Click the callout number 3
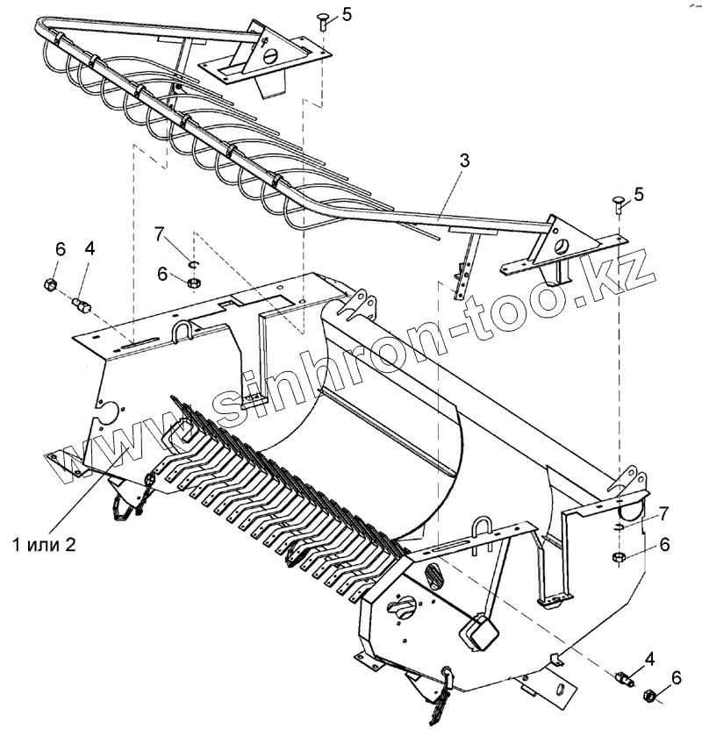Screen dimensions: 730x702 point(464,161)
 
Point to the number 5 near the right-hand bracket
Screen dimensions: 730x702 point(639,194)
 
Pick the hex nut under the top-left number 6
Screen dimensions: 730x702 point(50,283)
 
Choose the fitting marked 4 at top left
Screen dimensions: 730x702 point(80,304)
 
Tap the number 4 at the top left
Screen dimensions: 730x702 point(90,248)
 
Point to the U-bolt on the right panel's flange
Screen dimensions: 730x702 point(482,530)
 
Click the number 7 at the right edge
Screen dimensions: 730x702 point(664,512)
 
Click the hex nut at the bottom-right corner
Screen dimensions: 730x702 point(650,695)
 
